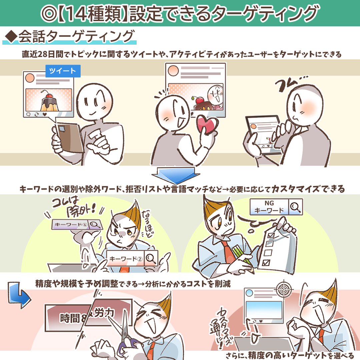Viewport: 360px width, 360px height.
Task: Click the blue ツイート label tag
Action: (63, 71)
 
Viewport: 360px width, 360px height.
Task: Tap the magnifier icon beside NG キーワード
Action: (295, 207)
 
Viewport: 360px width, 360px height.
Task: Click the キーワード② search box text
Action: (125, 259)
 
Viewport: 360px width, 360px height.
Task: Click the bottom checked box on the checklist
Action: (266, 262)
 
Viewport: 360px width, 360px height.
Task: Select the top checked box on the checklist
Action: (271, 235)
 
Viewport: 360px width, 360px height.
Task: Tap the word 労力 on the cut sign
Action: (104, 312)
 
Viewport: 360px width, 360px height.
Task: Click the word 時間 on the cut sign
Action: (70, 318)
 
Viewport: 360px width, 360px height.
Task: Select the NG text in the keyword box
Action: (269, 203)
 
